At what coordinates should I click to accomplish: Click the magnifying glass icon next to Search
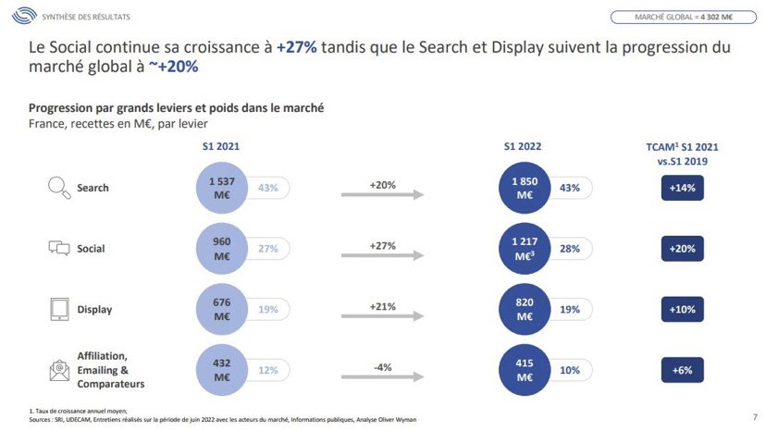click(x=59, y=188)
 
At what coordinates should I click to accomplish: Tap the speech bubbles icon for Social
click(x=59, y=248)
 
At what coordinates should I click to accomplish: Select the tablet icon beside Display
click(x=59, y=310)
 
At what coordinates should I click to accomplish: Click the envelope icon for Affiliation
click(x=59, y=371)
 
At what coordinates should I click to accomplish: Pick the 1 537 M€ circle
click(x=221, y=188)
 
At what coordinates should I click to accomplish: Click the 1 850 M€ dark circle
click(x=524, y=188)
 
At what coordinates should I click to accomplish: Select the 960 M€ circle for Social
click(x=221, y=248)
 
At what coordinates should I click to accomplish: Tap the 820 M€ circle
click(x=524, y=310)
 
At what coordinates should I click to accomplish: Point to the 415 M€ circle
click(x=524, y=371)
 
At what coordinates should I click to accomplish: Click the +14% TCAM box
click(x=683, y=188)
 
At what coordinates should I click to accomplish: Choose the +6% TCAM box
click(x=683, y=371)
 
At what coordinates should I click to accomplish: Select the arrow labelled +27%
click(x=382, y=255)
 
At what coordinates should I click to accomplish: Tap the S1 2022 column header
click(x=523, y=146)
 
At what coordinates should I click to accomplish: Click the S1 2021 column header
click(x=221, y=146)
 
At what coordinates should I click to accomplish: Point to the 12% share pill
click(x=267, y=371)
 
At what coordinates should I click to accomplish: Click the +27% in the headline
click(x=296, y=46)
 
